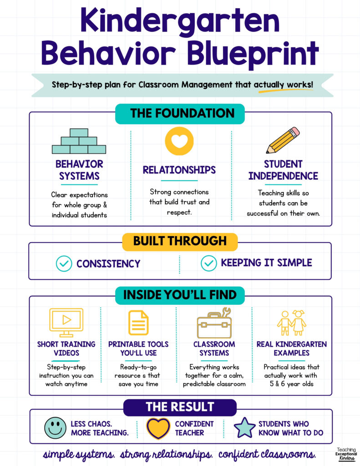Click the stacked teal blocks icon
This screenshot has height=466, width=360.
pos(79,141)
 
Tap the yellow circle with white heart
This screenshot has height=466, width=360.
pos(179,141)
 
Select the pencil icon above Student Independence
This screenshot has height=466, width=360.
pos(283,140)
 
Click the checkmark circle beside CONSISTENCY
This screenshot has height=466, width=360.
pos(64,263)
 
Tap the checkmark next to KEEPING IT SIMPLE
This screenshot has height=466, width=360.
pos(209,263)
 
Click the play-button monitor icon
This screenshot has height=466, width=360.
pos(66,323)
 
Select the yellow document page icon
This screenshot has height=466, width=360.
pos(138,323)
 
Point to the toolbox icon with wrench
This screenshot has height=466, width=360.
pos(214,323)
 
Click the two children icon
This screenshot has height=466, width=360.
pos(291,323)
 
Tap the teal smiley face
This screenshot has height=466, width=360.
pos(55,428)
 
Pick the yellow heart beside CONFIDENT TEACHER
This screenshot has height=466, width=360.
pos(158,429)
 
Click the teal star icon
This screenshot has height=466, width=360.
pos(244,428)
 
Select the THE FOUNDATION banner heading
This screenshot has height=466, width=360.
pos(180,113)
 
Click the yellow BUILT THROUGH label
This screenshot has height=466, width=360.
pos(180,241)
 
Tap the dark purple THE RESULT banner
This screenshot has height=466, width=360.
pos(180,407)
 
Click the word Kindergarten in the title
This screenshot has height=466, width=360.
pos(180,21)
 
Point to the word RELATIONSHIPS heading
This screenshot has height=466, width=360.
pos(179,170)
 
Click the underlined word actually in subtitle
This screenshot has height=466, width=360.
pos(269,85)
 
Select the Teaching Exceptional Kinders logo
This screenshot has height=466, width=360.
pos(346,454)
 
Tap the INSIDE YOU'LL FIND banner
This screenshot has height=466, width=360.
pos(180,295)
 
